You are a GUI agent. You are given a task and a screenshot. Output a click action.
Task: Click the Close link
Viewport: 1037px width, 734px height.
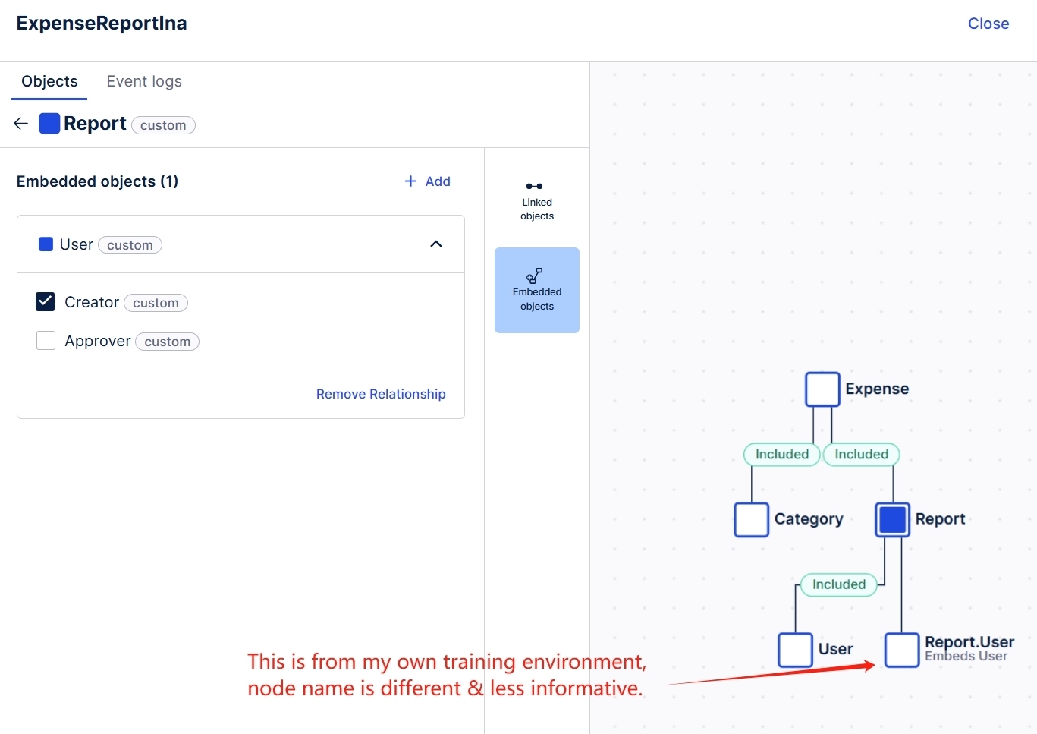click(988, 24)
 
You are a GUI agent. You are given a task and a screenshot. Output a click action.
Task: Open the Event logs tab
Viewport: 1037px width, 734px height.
click(144, 81)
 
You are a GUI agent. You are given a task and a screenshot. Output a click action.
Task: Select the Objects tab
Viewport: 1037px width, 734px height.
click(49, 81)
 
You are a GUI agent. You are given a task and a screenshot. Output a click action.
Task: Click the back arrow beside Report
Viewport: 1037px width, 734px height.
click(20, 124)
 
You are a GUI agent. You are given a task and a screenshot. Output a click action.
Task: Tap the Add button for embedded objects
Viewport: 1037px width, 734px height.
click(427, 181)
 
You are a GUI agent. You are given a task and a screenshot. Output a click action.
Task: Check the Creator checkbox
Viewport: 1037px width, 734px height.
click(46, 302)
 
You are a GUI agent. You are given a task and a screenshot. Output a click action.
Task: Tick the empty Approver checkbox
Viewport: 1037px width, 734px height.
click(46, 341)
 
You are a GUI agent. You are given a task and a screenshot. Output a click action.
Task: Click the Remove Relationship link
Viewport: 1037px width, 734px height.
click(381, 394)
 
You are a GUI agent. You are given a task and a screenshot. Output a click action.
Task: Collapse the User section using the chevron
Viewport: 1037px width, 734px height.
click(436, 244)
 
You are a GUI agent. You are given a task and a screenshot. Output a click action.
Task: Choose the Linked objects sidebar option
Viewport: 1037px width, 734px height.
click(536, 201)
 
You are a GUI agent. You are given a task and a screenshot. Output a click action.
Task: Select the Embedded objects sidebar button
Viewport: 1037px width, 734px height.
click(536, 290)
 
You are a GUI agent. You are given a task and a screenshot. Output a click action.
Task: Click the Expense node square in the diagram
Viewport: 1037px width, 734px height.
click(822, 389)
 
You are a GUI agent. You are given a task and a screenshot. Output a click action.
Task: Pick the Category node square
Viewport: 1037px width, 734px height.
click(751, 520)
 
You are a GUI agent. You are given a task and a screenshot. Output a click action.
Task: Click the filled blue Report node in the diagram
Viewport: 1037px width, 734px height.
click(893, 520)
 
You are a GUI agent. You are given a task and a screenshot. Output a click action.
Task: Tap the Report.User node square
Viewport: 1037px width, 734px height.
click(902, 650)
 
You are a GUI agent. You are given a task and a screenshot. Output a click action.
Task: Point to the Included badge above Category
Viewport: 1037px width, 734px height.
click(782, 455)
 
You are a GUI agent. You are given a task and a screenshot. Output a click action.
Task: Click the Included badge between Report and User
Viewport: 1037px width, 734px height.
click(838, 584)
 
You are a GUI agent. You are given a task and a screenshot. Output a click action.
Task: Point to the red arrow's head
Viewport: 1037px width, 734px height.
click(874, 666)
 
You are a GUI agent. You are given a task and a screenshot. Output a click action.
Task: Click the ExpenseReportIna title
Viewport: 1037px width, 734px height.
click(102, 24)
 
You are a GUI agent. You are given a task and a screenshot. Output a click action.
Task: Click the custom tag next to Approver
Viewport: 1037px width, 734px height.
click(167, 342)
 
